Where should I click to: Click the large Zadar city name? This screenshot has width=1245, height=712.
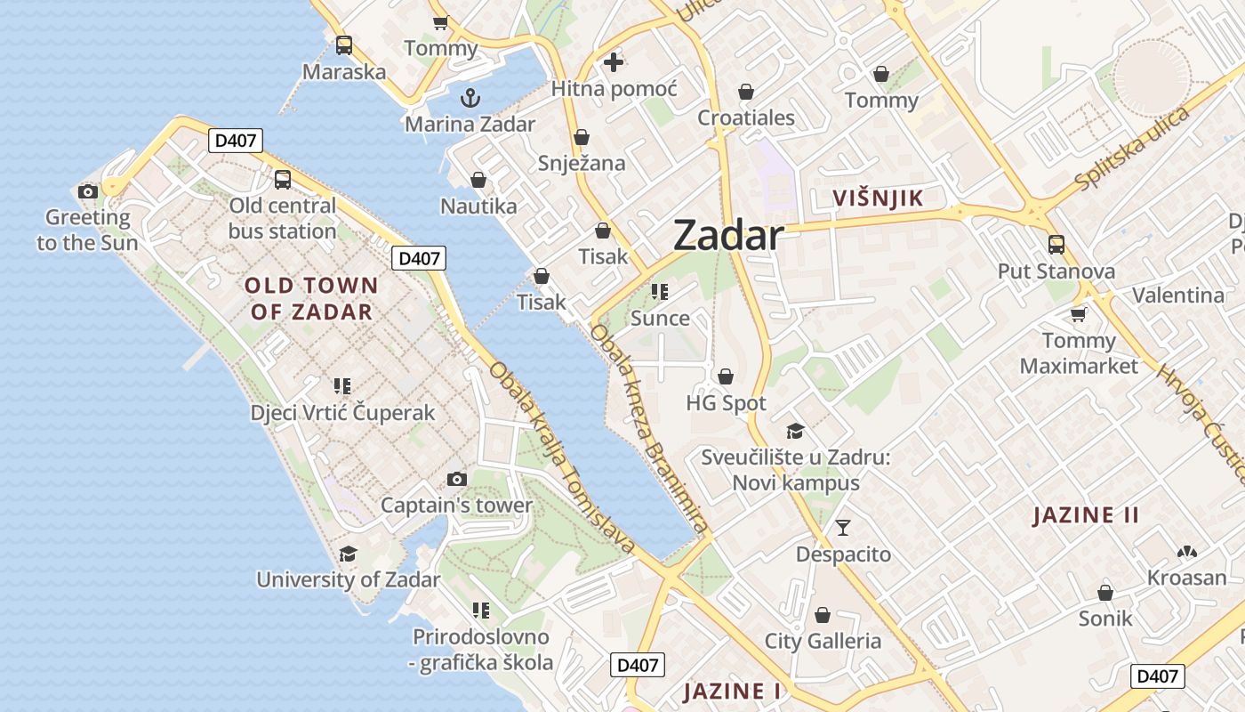[728, 236]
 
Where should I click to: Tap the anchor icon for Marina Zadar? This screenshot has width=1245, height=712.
[470, 98]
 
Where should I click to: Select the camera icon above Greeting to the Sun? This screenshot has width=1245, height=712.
[87, 191]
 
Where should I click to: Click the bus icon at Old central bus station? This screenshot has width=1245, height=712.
[283, 179]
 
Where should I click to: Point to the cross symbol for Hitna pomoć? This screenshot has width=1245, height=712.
[614, 62]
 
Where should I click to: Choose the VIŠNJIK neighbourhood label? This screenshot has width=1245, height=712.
[878, 198]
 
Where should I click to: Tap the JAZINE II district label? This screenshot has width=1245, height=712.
[1086, 515]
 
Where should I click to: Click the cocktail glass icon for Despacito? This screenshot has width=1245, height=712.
[843, 528]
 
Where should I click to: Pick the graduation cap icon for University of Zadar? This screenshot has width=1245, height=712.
[348, 554]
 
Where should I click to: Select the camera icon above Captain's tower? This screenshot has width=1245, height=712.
[456, 479]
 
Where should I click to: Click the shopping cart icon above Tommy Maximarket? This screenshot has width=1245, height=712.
[1079, 314]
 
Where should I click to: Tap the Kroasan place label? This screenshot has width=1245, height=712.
[1186, 578]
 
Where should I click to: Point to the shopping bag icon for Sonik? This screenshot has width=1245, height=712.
[1105, 592]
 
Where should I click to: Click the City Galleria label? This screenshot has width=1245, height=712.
[823, 641]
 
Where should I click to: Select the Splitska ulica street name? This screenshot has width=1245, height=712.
[1131, 148]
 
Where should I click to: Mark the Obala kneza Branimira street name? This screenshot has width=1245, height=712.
[650, 428]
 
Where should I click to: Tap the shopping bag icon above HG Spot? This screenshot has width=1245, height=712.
[726, 376]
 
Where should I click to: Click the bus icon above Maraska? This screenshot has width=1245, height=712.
[344, 45]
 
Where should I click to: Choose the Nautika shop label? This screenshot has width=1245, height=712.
[478, 206]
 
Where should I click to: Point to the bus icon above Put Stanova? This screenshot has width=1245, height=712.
[1056, 244]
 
